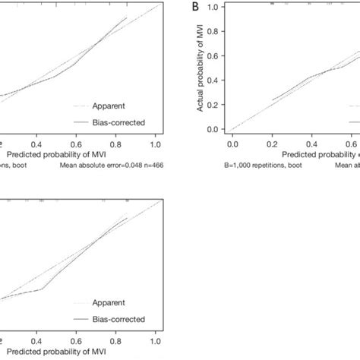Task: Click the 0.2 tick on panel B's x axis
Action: pos(272,143)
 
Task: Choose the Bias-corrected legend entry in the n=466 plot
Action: pos(120,120)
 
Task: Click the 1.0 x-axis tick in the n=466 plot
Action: pos(155,143)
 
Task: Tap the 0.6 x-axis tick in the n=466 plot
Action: pos(76,143)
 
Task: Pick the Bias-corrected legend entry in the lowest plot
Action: pos(120,318)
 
